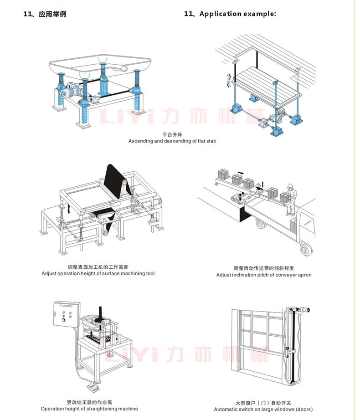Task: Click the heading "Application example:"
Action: pos(237,14)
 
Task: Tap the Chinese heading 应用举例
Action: pos(51,14)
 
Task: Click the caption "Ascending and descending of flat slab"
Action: pos(172,141)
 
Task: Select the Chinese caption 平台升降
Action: pos(172,135)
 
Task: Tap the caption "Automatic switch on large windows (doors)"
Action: pos(263,409)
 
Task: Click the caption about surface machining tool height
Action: pos(98,273)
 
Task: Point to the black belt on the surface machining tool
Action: pos(114,180)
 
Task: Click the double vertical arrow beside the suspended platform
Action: pos(229,80)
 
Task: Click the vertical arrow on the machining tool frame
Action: pos(68,209)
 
